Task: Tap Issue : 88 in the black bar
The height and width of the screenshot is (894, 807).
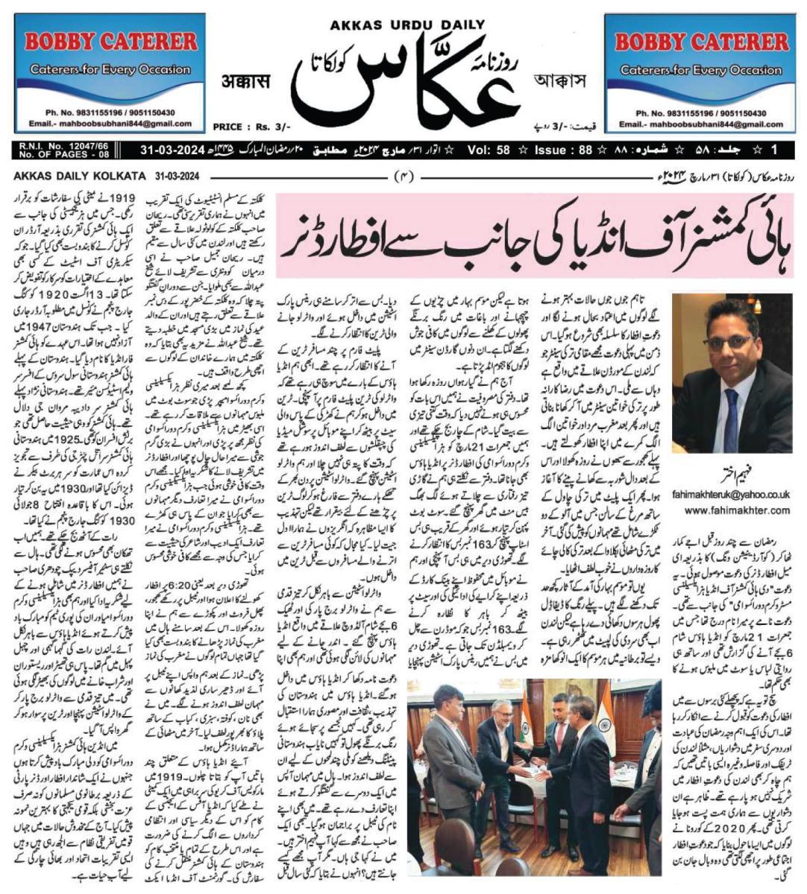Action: tap(564, 150)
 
